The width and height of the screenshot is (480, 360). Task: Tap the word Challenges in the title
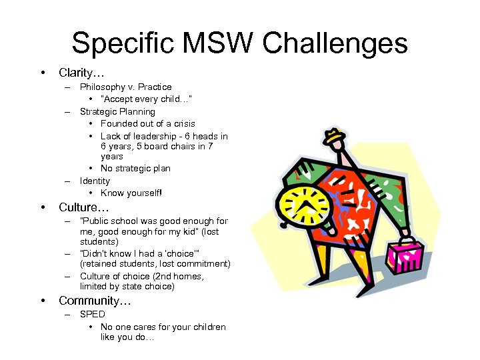(335, 43)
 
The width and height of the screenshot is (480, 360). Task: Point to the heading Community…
(95, 301)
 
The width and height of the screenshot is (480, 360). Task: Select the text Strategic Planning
(117, 111)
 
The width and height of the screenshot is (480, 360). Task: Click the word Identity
(95, 181)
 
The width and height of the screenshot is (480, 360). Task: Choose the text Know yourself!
(131, 193)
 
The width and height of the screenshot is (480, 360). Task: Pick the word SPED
(92, 314)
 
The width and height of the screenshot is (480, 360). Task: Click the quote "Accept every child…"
(147, 99)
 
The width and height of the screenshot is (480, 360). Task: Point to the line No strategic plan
(135, 169)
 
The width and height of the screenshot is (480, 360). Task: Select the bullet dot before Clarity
(43, 72)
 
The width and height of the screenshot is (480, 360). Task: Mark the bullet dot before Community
(43, 301)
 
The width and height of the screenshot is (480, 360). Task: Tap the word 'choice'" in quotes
(182, 253)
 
